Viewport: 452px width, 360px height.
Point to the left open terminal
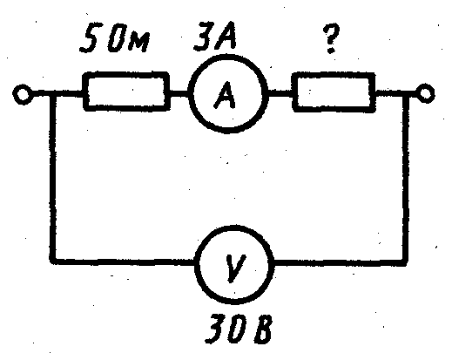(x=23, y=94)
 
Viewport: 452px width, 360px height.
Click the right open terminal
(x=425, y=93)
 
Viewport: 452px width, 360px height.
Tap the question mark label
(x=331, y=39)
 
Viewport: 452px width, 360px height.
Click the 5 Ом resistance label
(x=115, y=38)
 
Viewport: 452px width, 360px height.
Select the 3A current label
(x=215, y=36)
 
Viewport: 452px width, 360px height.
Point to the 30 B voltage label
(x=239, y=329)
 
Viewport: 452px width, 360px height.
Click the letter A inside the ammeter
(x=225, y=95)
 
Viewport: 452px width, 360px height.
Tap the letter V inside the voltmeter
(x=234, y=268)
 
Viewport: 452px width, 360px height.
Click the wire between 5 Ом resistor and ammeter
(x=179, y=93)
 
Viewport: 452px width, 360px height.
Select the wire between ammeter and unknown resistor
(x=280, y=93)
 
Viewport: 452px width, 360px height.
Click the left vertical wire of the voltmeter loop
(x=53, y=178)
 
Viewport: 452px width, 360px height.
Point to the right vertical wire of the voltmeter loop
(x=406, y=178)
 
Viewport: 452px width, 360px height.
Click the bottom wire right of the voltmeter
(x=339, y=262)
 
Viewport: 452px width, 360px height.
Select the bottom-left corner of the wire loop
(x=53, y=261)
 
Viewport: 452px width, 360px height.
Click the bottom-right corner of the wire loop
(x=406, y=262)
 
